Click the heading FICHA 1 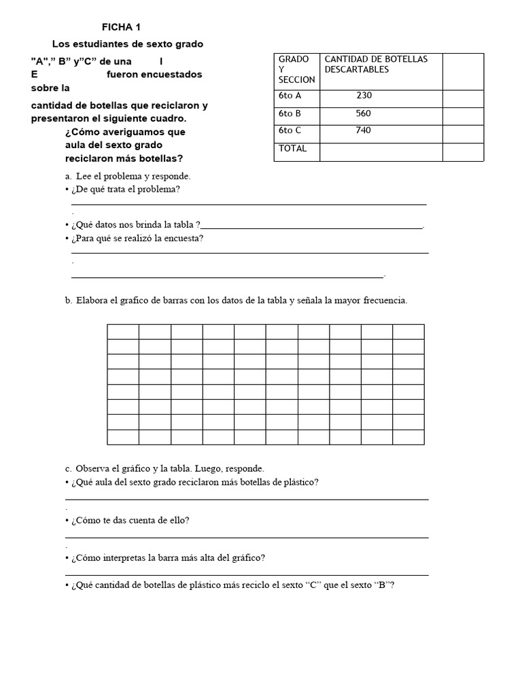[121, 27]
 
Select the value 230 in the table [364, 96]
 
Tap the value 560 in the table [364, 114]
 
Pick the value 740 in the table [364, 130]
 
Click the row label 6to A [290, 96]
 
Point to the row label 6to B [290, 114]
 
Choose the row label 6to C [290, 130]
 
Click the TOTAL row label [293, 148]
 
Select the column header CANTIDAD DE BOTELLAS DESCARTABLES [376, 65]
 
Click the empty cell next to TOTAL [381, 152]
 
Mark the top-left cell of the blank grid [123, 331]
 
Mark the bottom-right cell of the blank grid [408, 437]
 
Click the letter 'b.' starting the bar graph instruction [69, 300]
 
